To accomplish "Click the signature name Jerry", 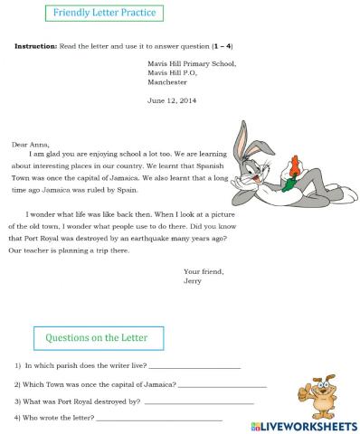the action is pos(193,280).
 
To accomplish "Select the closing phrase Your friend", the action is pos(204,271).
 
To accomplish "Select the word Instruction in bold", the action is pos(37,44).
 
